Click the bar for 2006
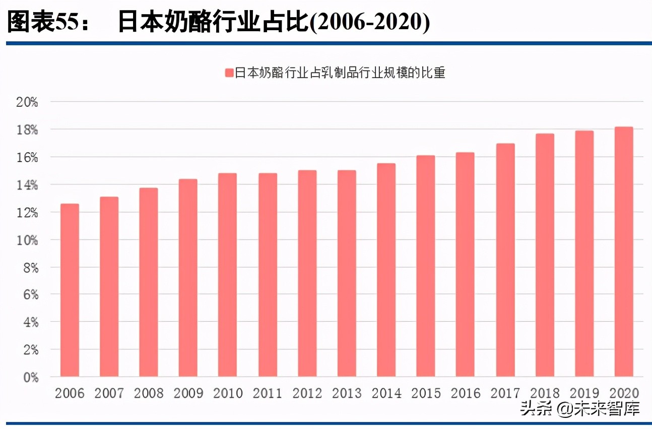pos(70,290)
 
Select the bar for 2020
pos(624,252)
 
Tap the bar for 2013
pos(347,273)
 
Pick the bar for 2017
pos(505,260)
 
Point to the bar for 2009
pos(188,278)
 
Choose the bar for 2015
pos(426,266)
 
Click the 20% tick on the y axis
pos(27,102)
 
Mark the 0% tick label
pos(30,377)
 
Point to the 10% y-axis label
pos(27,240)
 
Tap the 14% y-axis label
pos(27,185)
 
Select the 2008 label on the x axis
pos(149,393)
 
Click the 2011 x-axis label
pos(267,393)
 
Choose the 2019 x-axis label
pos(584,393)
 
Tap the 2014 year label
pos(386,393)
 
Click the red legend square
pos(229,73)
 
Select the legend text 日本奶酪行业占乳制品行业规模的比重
pos(341,73)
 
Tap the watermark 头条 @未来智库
pos(580,408)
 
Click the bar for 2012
pos(307,273)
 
